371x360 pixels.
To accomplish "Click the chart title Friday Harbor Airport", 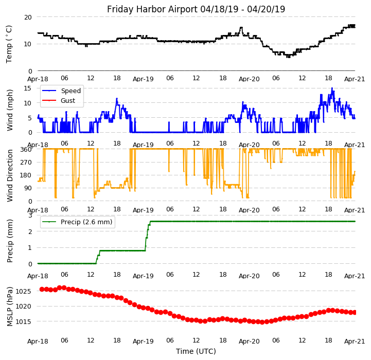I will coord(196,9).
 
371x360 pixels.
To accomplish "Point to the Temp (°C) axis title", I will coord(9,44).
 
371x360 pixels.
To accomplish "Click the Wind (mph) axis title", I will coord(10,110).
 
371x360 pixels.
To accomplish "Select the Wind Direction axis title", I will coord(10,175).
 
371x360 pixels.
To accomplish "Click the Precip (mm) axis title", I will coord(10,240).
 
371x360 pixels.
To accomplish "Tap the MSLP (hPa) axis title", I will coord(10,306).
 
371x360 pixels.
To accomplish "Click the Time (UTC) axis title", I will coord(196,351).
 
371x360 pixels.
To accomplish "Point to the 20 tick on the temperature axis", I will coord(27,17).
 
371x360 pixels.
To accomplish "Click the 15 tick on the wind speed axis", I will coord(28,88).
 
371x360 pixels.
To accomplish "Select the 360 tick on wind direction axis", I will coord(26,149).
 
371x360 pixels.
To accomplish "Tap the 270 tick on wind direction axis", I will coord(26,162).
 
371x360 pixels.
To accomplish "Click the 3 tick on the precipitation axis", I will coord(30,215).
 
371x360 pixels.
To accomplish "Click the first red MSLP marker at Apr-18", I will coord(42,289).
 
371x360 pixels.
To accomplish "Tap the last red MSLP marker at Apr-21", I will coord(355,312).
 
